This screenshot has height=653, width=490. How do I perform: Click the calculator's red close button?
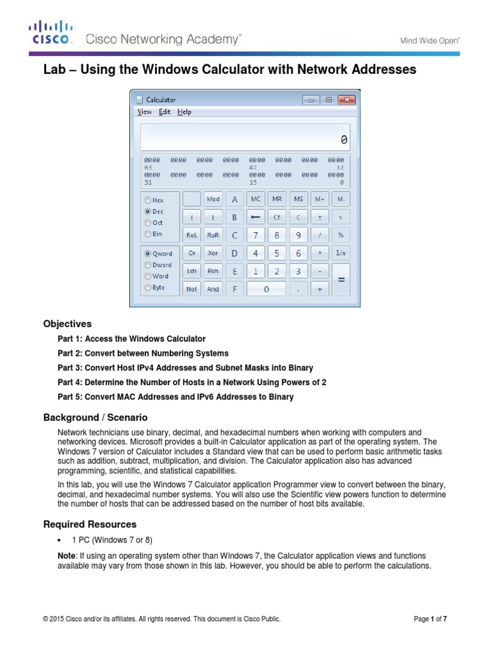346,99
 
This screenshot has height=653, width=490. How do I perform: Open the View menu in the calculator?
145,112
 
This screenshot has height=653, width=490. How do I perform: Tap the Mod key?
213,200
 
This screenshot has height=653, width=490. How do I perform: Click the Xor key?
213,253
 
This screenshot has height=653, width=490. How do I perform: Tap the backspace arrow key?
256,217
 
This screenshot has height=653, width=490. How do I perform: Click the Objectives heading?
67,324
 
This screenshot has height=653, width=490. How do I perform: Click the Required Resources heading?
89,524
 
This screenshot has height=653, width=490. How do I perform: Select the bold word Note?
66,556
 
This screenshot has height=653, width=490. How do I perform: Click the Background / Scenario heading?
95,417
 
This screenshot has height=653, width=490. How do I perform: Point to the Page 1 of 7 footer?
434,619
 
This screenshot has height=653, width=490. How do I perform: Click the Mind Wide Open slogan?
430,40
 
